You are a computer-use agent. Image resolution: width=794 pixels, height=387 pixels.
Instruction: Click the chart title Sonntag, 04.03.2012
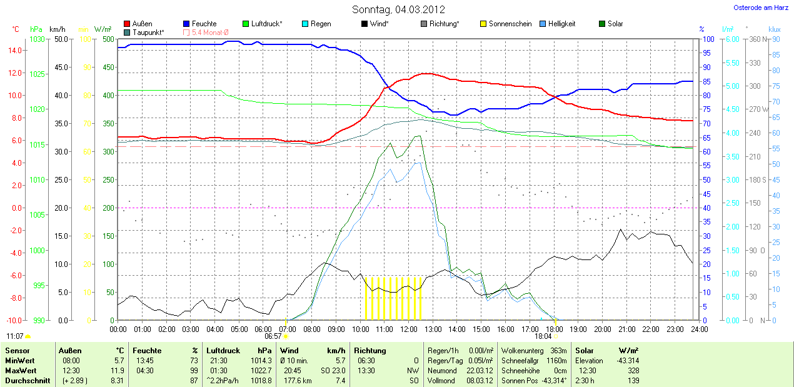coord(398,9)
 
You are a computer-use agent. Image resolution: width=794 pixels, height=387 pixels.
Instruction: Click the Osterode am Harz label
coord(760,8)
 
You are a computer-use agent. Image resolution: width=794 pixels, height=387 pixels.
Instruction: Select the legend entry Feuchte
coord(204,24)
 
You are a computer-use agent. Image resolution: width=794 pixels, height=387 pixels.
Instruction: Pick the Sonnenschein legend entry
coord(510,24)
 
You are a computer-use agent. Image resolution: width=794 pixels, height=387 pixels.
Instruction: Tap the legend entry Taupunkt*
coord(148,32)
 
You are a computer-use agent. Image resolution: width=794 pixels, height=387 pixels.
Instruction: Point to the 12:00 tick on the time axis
coord(408,329)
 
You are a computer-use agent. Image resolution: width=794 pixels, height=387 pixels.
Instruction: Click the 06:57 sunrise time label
coord(273,336)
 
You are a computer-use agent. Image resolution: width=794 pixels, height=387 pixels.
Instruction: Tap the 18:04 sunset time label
coord(543,336)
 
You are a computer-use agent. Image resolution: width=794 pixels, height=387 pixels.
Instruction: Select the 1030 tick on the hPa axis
coord(38,39)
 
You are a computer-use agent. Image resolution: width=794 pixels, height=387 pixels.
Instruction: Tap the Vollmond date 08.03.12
coord(480,380)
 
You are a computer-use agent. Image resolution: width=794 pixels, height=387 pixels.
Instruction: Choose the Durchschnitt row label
coord(28,380)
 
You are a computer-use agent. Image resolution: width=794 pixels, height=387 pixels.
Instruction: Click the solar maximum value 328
coord(633,370)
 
